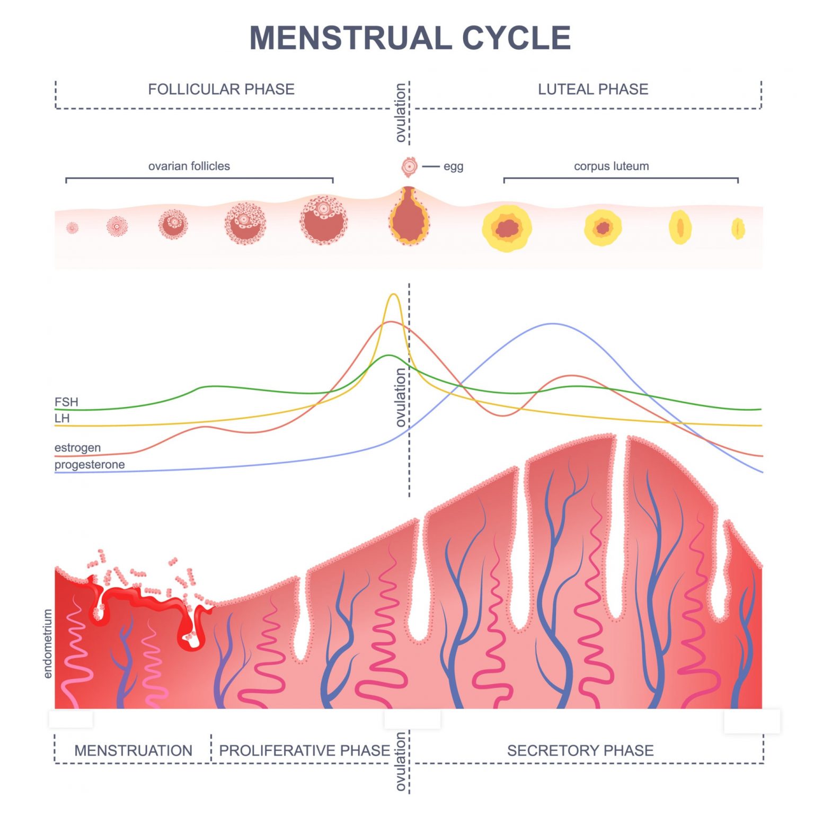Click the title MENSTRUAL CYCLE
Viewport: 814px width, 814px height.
(x=410, y=38)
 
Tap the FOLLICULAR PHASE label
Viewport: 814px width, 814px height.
(x=221, y=89)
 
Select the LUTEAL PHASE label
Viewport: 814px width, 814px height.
(x=593, y=89)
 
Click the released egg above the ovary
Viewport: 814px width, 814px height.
(x=409, y=167)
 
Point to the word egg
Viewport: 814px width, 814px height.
(x=453, y=166)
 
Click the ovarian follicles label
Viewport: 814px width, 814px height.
(x=189, y=166)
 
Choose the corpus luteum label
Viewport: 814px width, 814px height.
(x=611, y=166)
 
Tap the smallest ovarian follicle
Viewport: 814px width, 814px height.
(x=72, y=228)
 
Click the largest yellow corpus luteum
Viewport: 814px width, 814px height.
(x=507, y=228)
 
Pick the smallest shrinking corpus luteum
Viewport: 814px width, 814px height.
(x=738, y=229)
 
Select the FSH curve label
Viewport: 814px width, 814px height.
(x=66, y=402)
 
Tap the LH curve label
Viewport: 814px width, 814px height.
(x=62, y=418)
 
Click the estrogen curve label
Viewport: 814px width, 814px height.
(x=77, y=447)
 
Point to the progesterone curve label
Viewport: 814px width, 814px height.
(x=90, y=464)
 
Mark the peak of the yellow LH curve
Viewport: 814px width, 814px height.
(x=393, y=295)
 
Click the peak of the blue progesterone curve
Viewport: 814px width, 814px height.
(x=553, y=324)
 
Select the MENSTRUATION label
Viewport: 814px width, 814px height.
(x=133, y=750)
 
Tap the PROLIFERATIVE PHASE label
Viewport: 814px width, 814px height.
(x=304, y=750)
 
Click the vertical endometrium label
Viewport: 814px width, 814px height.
(x=48, y=643)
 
